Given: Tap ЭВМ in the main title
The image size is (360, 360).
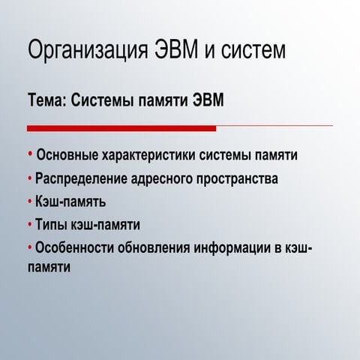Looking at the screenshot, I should (177, 51).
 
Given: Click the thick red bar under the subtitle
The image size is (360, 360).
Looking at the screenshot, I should (121, 128).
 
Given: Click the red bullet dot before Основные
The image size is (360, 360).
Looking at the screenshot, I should (31, 154).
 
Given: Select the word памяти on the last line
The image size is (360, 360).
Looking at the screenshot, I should (49, 266).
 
